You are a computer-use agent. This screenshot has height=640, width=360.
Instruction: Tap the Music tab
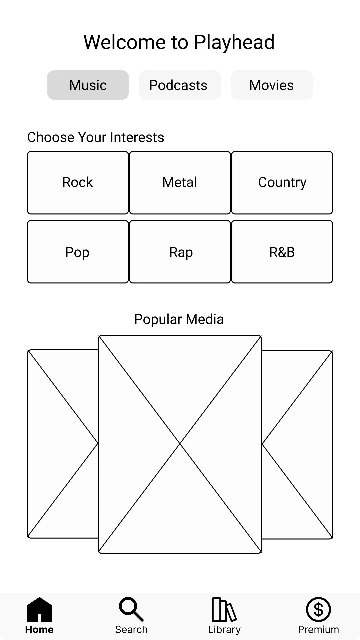point(88,85)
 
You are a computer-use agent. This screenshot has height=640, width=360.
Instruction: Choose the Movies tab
point(272,85)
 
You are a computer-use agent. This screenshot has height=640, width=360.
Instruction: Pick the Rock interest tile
point(78,183)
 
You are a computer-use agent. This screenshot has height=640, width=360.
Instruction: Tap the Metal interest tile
point(180,183)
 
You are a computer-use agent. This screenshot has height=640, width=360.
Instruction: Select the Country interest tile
point(282,183)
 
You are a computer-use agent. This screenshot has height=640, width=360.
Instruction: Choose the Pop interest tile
point(78,252)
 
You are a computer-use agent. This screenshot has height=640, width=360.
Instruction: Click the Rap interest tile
point(180,252)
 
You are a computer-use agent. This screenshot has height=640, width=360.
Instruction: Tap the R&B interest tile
point(282,252)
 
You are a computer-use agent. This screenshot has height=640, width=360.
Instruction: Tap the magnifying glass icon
point(131,609)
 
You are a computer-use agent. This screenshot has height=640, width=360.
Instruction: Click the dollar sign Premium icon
point(318,609)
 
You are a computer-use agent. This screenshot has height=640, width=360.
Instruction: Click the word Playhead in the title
point(234,43)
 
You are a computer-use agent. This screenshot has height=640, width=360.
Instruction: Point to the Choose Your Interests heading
point(96,137)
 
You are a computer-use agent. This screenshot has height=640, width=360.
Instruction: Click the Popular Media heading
point(179,319)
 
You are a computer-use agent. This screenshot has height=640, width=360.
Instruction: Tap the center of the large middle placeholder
point(180,444)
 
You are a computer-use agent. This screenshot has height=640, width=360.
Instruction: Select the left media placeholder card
point(63,444)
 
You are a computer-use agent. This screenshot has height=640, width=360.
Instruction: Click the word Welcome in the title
point(124,43)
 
